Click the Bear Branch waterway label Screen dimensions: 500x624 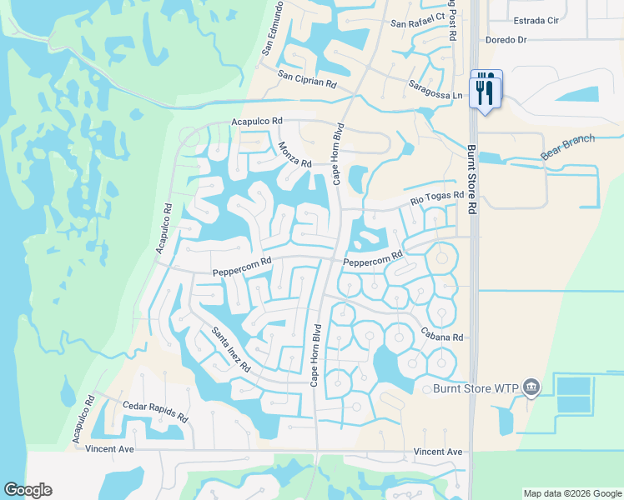(568, 147)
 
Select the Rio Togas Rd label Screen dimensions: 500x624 (435, 197)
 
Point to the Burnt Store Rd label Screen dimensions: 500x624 (472, 179)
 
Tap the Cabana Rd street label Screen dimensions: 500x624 (446, 337)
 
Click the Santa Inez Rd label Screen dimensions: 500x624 (230, 349)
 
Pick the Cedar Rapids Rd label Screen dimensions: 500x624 (155, 412)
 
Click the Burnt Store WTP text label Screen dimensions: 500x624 (476, 388)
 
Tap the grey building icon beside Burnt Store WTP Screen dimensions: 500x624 (532, 387)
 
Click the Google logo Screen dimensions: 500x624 (28, 489)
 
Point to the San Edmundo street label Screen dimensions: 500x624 (273, 27)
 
